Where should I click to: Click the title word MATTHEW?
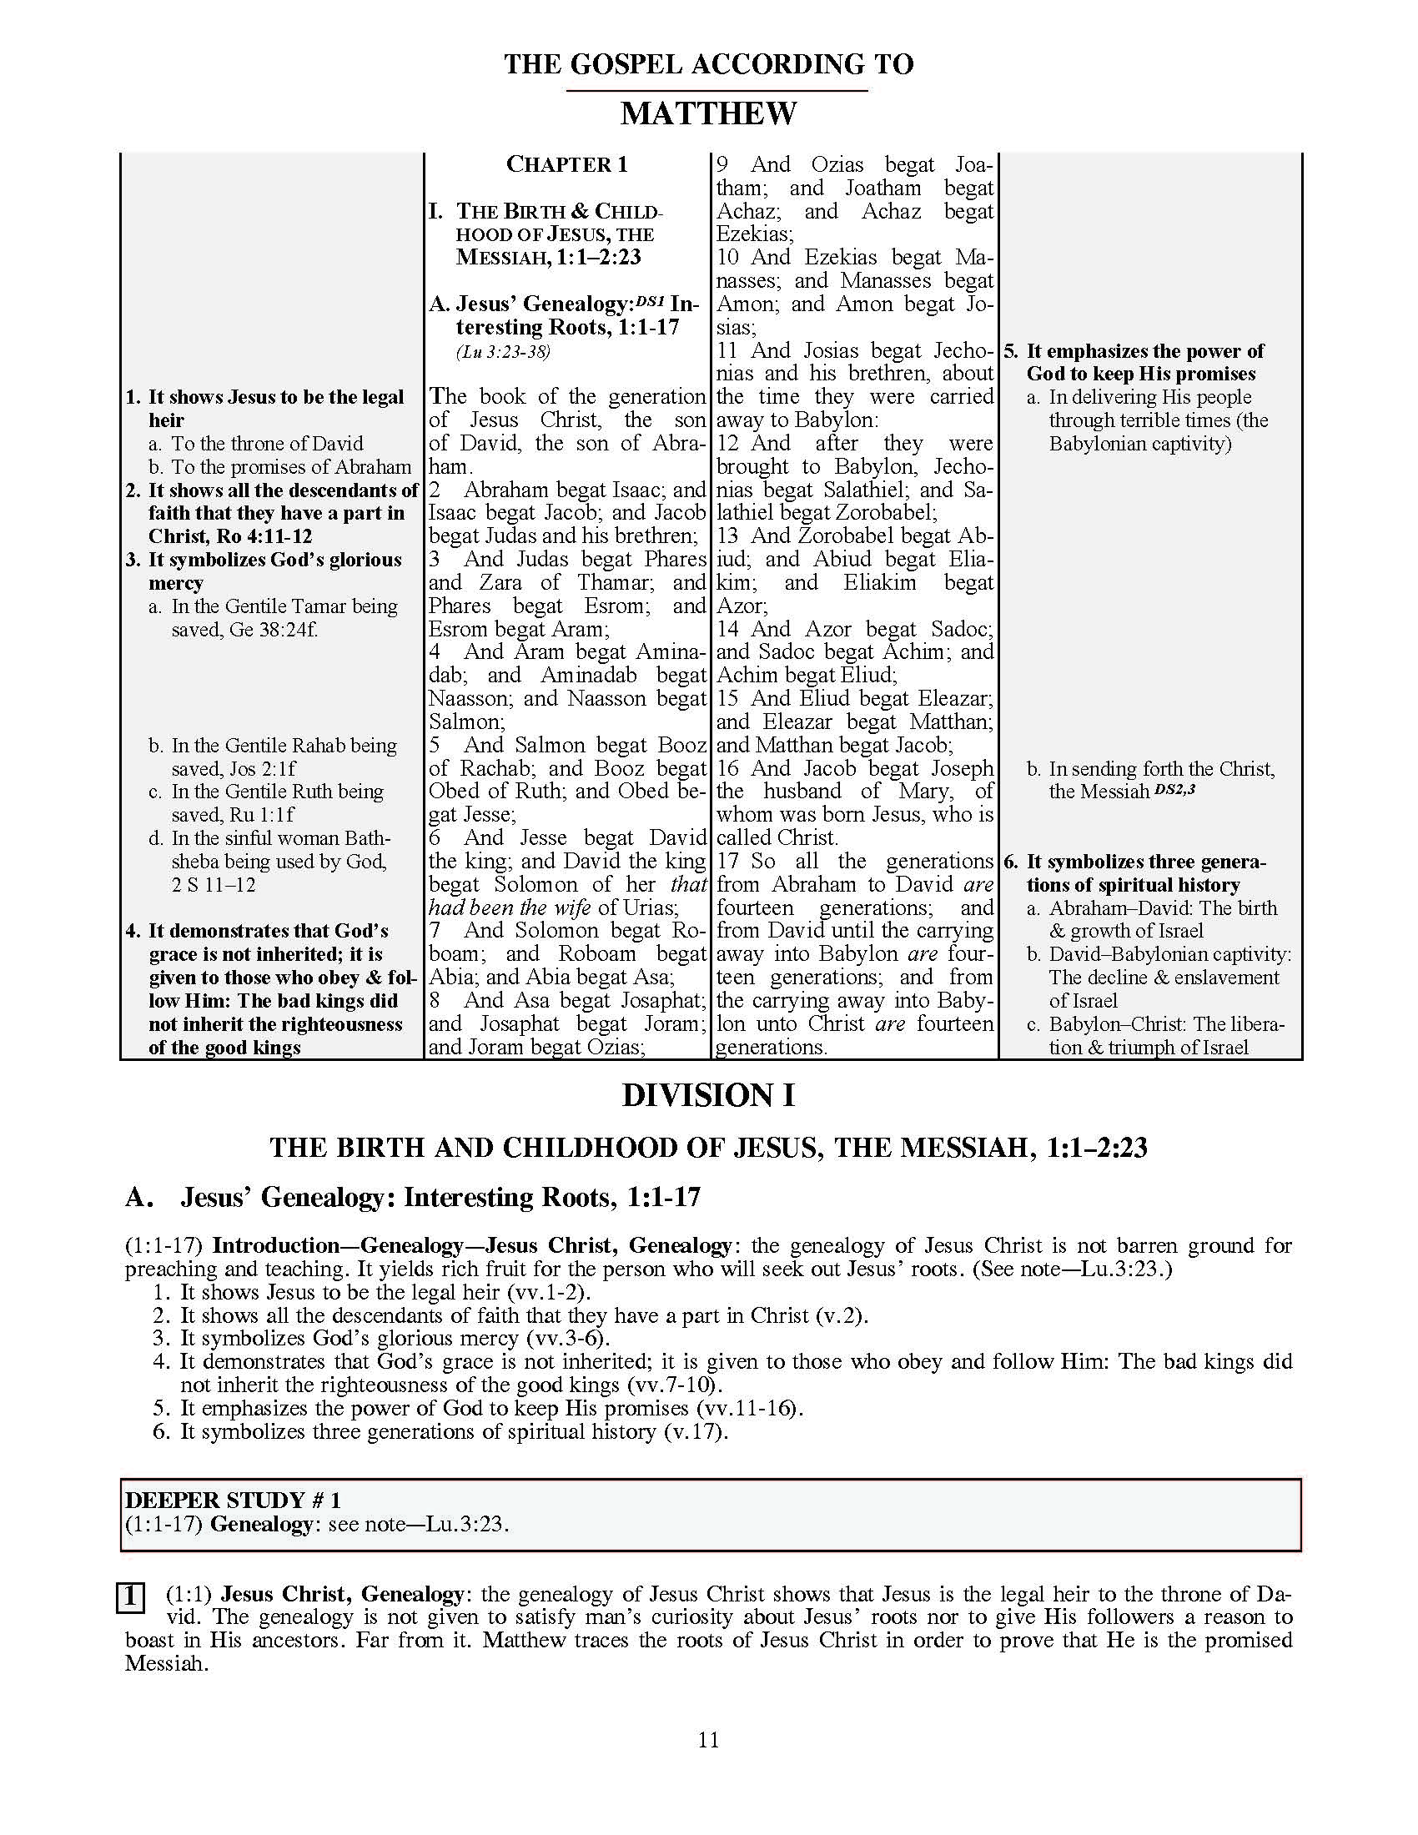(x=708, y=113)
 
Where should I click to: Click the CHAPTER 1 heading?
(x=566, y=164)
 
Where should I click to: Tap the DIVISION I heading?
(x=708, y=1096)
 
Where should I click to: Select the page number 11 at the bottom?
(x=708, y=1739)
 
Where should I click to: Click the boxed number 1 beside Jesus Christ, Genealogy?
(x=129, y=1596)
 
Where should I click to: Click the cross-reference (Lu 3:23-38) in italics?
(x=503, y=352)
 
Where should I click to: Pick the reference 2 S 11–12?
(x=214, y=885)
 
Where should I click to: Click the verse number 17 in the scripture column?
(x=728, y=862)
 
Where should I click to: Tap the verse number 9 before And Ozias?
(x=722, y=164)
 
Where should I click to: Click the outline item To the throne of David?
(x=267, y=444)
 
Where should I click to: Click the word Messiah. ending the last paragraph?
(x=165, y=1664)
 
